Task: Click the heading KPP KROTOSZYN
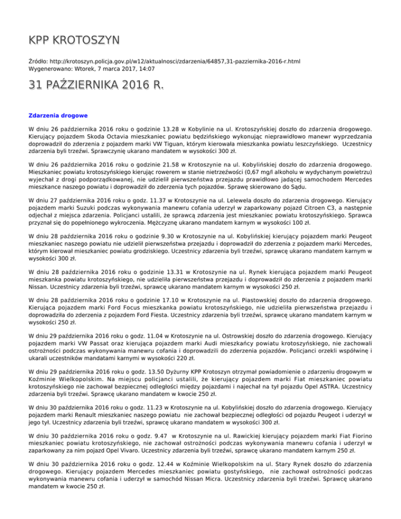[74, 40]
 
